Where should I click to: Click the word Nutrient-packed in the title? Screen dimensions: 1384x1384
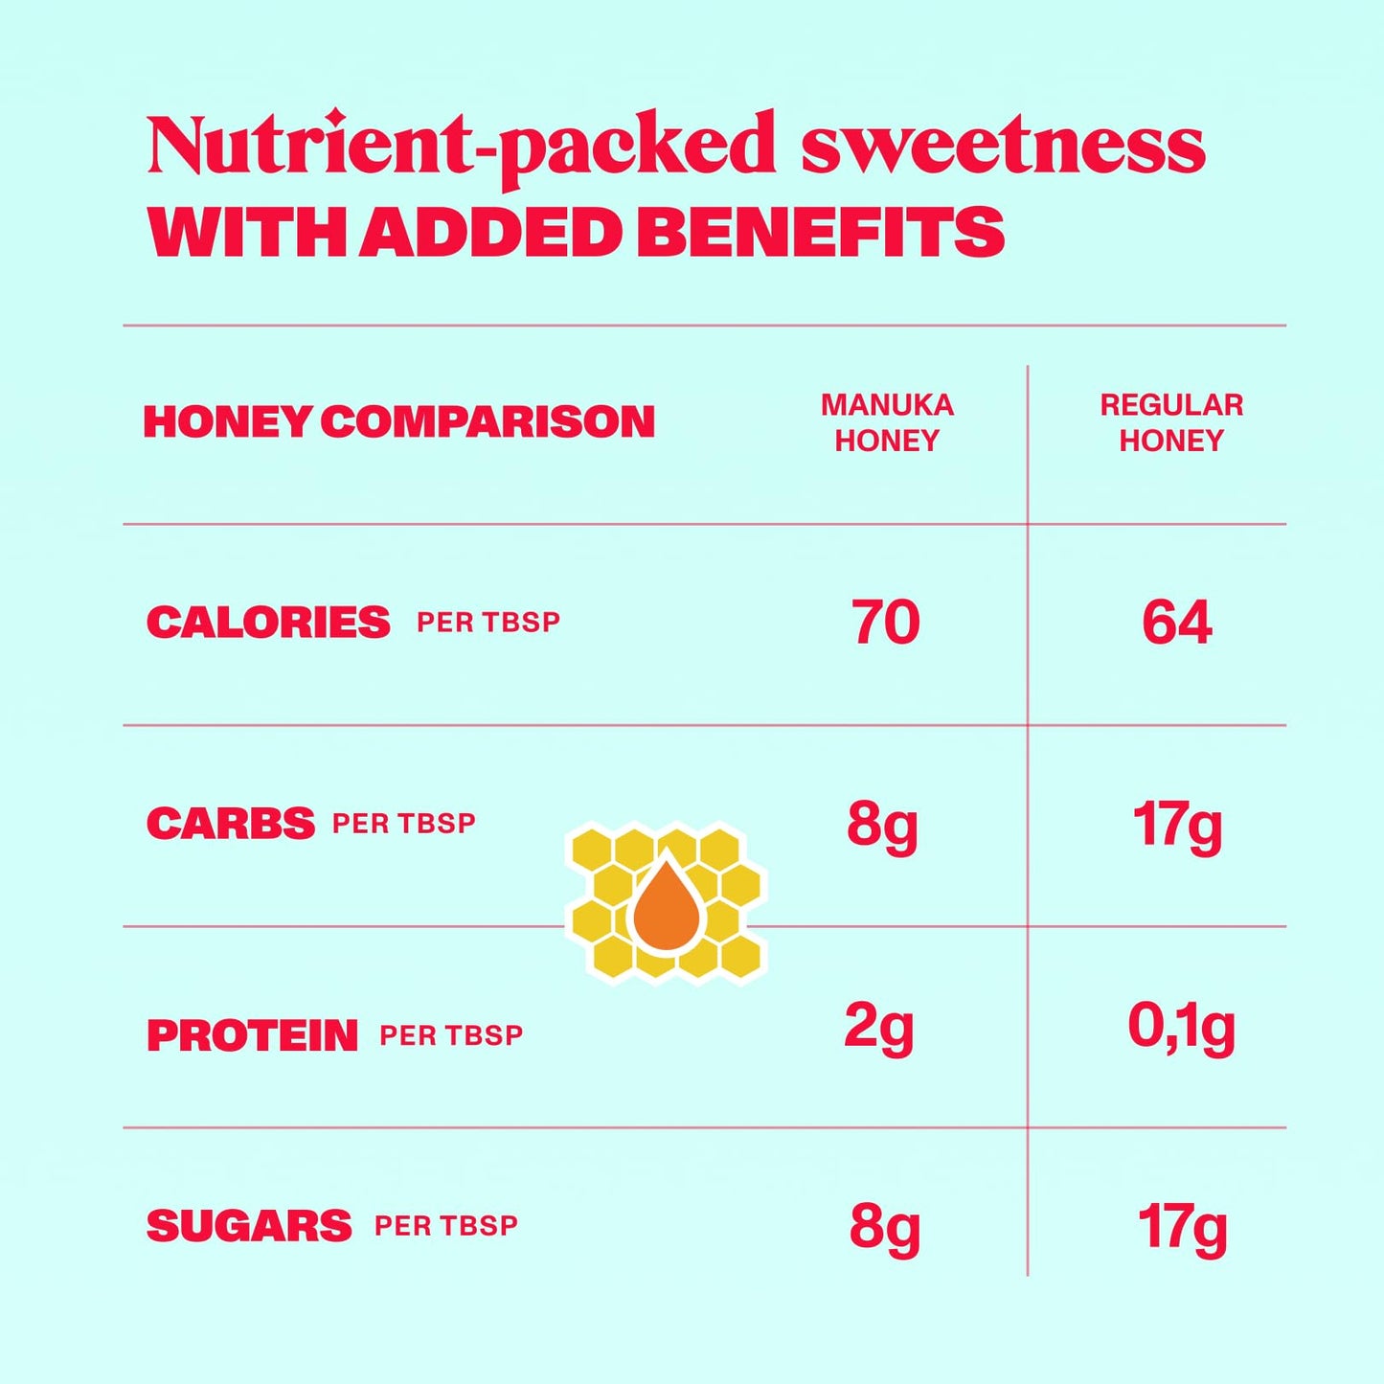pyautogui.click(x=461, y=147)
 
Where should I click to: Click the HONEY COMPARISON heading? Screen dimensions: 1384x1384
pyautogui.click(x=399, y=422)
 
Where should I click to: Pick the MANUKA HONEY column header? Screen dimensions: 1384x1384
pyautogui.click(x=887, y=422)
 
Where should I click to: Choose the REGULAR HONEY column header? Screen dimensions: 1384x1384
pyautogui.click(x=1171, y=422)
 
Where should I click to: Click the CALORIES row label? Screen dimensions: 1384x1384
pyautogui.click(x=268, y=623)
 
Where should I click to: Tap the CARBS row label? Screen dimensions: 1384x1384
pyautogui.click(x=230, y=824)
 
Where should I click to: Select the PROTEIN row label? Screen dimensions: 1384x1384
pyautogui.click(x=252, y=1035)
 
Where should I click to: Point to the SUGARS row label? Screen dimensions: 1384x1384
pyautogui.click(x=249, y=1226)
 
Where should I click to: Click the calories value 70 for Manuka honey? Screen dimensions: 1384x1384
pyautogui.click(x=885, y=623)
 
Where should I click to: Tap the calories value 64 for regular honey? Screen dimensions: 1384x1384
pyautogui.click(x=1177, y=623)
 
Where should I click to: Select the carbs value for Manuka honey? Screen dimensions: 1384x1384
pyautogui.click(x=882, y=826)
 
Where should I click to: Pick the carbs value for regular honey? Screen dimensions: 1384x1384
pyautogui.click(x=1177, y=826)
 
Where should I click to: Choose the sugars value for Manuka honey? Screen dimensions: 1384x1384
pyautogui.click(x=884, y=1228)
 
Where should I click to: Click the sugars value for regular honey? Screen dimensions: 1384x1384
pyautogui.click(x=1182, y=1228)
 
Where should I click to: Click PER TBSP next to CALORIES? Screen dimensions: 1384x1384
pyautogui.click(x=488, y=623)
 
